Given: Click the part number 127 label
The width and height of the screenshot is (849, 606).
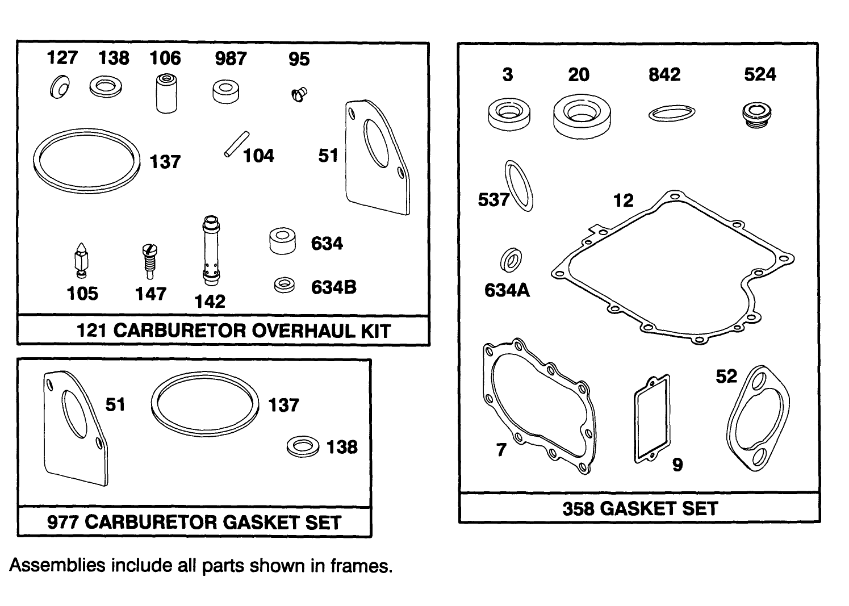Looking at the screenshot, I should (x=62, y=58).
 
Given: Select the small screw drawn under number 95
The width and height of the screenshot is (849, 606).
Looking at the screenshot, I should (x=298, y=94).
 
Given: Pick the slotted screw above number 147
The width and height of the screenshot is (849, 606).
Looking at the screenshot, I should (x=149, y=260).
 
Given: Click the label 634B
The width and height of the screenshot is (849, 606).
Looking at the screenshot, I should (x=333, y=287).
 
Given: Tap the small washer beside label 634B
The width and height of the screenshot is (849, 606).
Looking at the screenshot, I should (x=284, y=285).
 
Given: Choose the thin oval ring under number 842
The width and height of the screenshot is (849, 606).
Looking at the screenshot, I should (x=672, y=113).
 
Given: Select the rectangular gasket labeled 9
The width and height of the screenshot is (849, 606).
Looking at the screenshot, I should (x=652, y=418).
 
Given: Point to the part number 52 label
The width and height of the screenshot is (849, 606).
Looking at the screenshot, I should (x=726, y=377).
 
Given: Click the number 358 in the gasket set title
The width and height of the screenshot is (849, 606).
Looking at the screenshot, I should (x=579, y=508).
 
